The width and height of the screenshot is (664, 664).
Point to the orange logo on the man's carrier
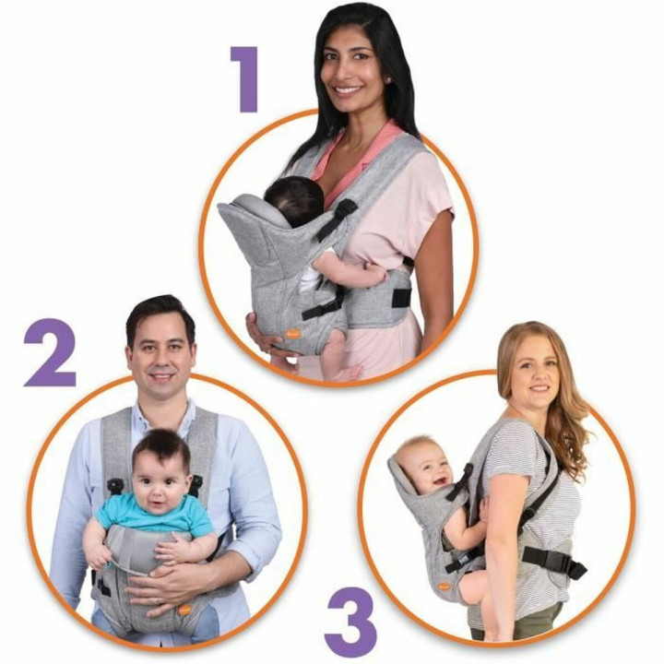coord(184,610)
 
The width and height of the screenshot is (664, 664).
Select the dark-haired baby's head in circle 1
coord(292,201)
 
